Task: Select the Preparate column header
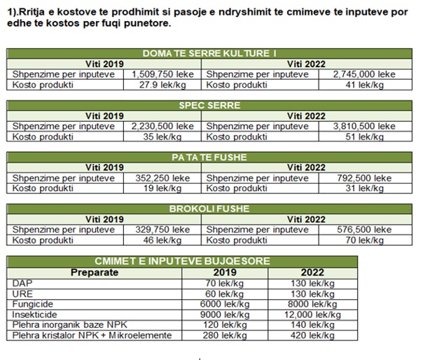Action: coord(95,272)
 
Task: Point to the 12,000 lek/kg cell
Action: coord(312,315)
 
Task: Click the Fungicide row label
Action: coord(33,305)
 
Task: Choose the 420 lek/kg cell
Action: coord(312,336)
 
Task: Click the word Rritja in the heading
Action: coord(33,13)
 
